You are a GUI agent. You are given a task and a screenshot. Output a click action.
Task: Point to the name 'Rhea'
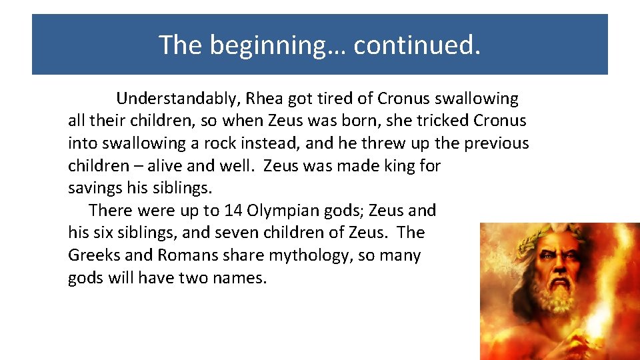[x=265, y=99]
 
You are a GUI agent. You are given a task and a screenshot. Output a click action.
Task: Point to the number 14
[x=233, y=211]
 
